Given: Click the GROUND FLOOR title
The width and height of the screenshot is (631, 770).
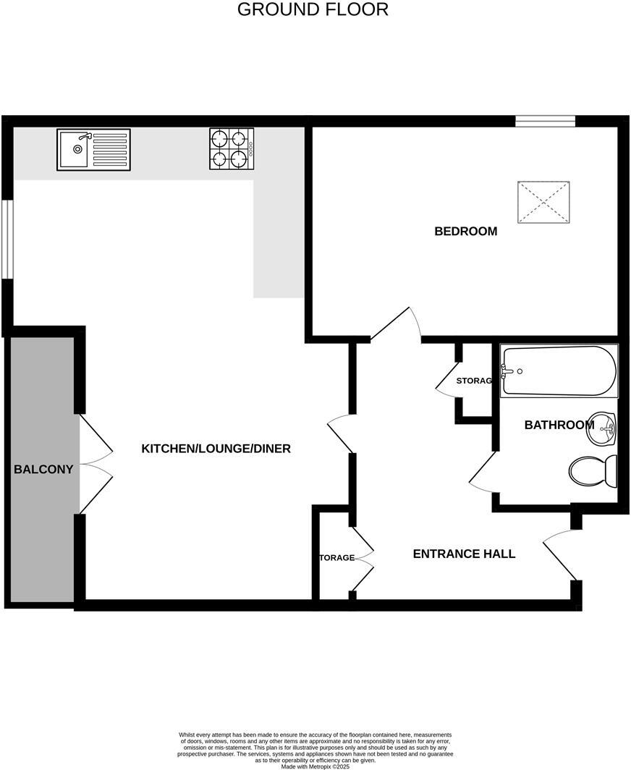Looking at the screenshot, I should pyautogui.click(x=313, y=9).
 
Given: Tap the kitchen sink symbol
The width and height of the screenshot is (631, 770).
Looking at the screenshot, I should pyautogui.click(x=93, y=150).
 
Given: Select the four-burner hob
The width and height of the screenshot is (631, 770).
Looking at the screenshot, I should pyautogui.click(x=232, y=149).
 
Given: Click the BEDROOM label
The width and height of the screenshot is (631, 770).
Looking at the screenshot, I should pyautogui.click(x=465, y=232).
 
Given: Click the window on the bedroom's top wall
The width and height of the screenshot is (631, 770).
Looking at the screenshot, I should pyautogui.click(x=545, y=121).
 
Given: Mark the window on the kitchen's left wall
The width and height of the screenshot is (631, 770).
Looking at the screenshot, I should pyautogui.click(x=7, y=239).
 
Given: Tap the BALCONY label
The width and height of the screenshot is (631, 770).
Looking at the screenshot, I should pyautogui.click(x=43, y=469).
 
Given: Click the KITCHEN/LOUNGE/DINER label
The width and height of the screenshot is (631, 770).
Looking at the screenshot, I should pyautogui.click(x=216, y=449).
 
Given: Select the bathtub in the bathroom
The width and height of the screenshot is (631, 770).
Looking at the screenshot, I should pyautogui.click(x=559, y=371).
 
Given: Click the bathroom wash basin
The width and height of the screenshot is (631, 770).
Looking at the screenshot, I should pyautogui.click(x=601, y=430).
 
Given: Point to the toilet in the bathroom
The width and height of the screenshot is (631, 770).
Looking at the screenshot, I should pyautogui.click(x=592, y=470).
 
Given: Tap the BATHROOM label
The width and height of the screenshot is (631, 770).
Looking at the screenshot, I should pyautogui.click(x=559, y=425).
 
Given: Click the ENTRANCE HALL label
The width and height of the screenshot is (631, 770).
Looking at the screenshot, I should pyautogui.click(x=464, y=554).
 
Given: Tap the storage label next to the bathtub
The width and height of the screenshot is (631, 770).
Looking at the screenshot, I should pyautogui.click(x=473, y=381).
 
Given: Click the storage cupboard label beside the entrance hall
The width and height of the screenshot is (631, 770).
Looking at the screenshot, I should pyautogui.click(x=336, y=557).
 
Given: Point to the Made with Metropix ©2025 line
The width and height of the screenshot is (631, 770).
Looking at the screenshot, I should pyautogui.click(x=315, y=766).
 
